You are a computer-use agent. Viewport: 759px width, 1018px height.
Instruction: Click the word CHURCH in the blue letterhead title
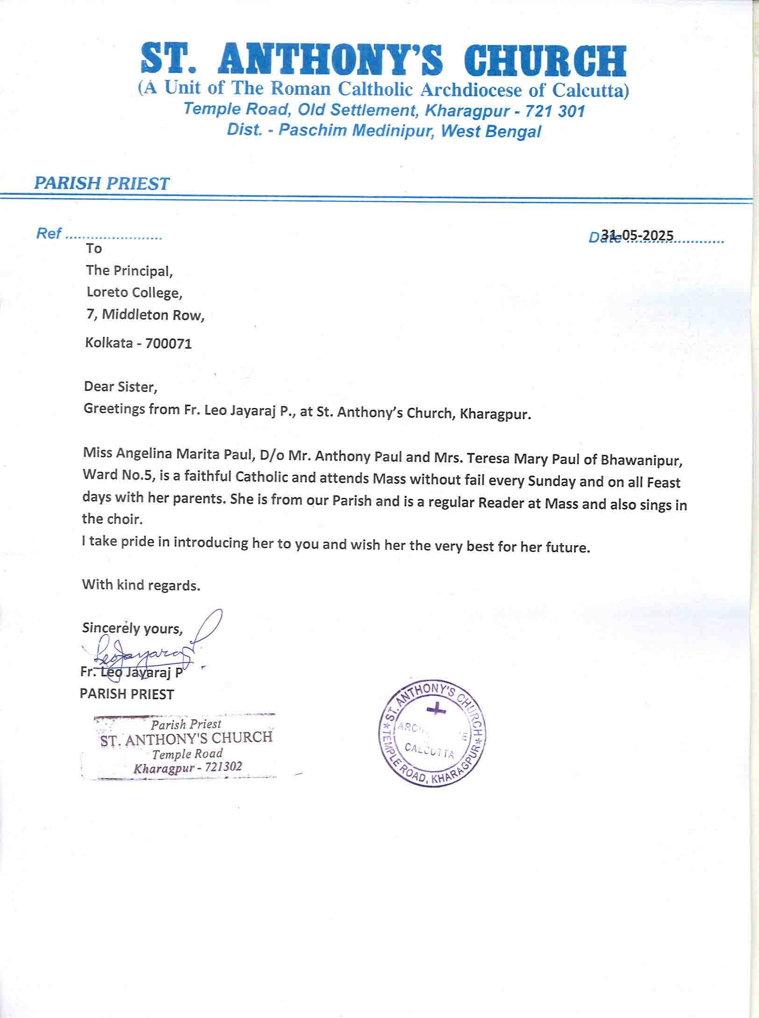tap(547, 61)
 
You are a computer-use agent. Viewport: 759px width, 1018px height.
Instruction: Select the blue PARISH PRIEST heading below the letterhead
tap(101, 183)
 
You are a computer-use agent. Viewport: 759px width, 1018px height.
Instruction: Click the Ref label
tap(48, 233)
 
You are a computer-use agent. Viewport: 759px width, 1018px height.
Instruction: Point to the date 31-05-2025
tap(637, 235)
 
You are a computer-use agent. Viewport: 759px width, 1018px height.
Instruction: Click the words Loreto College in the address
tap(134, 293)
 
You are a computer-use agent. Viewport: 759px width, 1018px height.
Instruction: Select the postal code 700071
tap(168, 344)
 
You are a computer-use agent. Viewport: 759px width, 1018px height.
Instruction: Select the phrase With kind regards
tap(141, 585)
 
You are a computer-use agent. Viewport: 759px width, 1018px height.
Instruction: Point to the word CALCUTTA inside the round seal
tap(429, 751)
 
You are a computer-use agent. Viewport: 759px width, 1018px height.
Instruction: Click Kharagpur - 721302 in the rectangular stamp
tap(187, 768)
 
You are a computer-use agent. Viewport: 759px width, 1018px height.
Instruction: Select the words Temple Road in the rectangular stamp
tap(187, 754)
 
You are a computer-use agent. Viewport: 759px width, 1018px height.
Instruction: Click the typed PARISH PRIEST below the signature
tap(127, 694)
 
